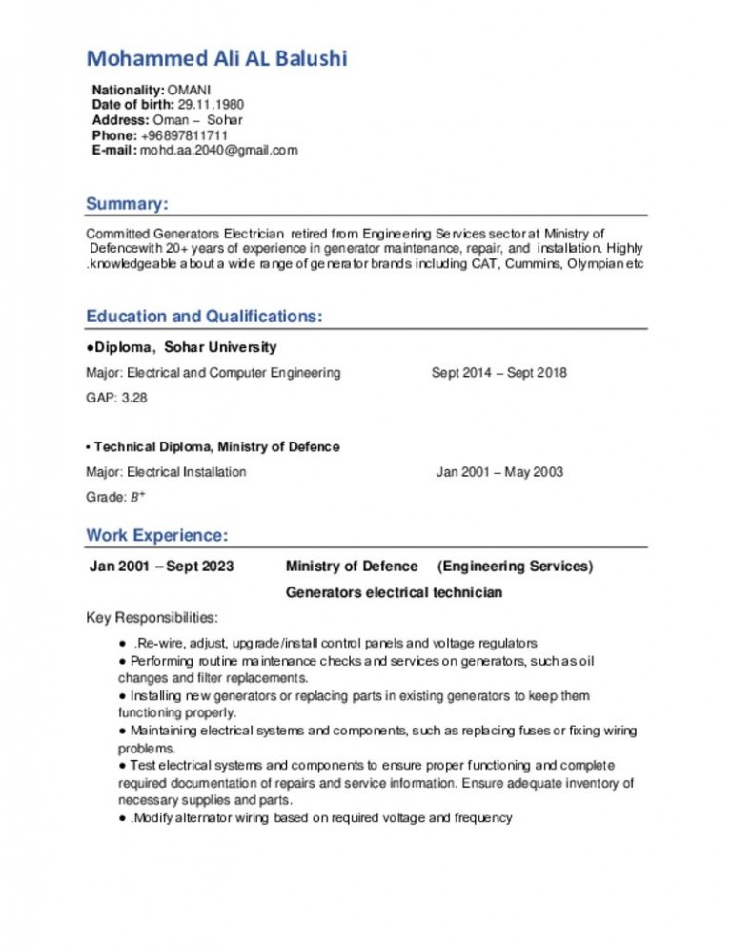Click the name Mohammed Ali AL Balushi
(217, 60)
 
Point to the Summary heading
(127, 204)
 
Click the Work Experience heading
(156, 534)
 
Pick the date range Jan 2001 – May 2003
(499, 472)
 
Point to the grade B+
(138, 497)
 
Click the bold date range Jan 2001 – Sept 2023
(161, 567)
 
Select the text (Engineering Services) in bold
(515, 567)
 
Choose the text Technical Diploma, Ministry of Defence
(216, 447)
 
